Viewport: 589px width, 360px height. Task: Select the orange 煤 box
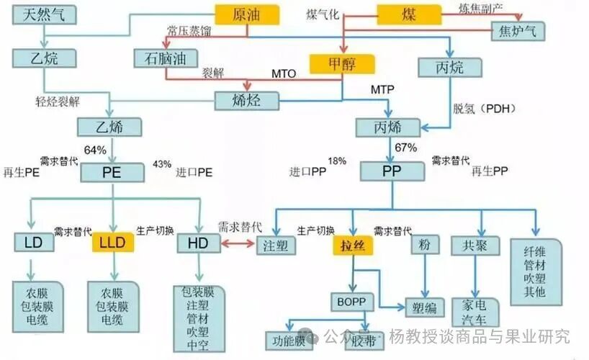(408, 13)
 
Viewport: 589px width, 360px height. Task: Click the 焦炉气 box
(518, 31)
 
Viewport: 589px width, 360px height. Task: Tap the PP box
(392, 173)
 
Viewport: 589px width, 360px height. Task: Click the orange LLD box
(112, 243)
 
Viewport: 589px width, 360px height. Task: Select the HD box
(198, 243)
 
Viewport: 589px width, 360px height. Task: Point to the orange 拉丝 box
(351, 245)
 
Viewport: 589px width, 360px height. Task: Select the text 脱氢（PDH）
(484, 109)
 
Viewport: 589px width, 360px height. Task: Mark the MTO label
(284, 74)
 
